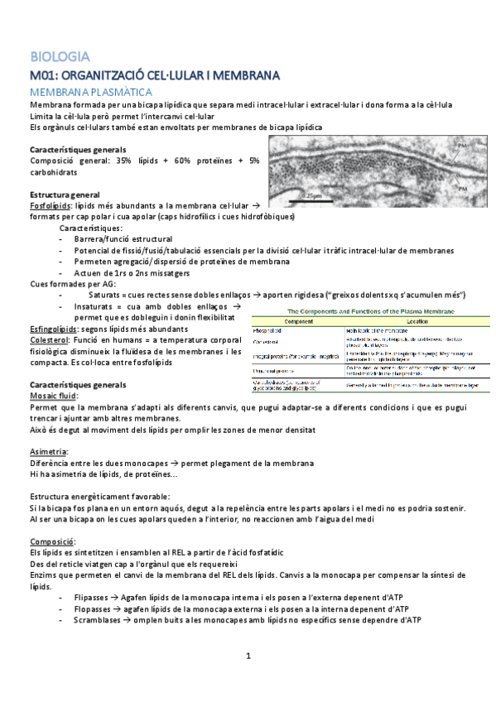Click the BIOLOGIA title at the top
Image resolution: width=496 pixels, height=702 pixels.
[x=60, y=58]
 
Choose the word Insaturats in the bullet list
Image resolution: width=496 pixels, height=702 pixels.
[x=99, y=307]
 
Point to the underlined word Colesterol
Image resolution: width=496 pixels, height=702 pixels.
[x=48, y=340]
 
